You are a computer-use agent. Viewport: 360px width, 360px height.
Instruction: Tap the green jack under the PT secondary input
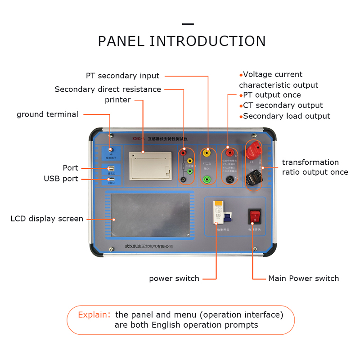(207, 179)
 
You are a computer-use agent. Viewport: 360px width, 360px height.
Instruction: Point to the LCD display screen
(150, 216)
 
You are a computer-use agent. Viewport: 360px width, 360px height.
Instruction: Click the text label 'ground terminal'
(47, 114)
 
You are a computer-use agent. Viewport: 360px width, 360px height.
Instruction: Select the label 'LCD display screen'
(47, 219)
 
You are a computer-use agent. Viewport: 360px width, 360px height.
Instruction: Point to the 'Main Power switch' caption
(303, 279)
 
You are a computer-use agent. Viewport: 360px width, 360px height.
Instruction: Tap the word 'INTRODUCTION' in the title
(207, 41)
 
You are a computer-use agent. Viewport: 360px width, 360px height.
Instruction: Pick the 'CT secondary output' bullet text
(283, 105)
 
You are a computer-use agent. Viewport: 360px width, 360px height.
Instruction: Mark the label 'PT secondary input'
(122, 76)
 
